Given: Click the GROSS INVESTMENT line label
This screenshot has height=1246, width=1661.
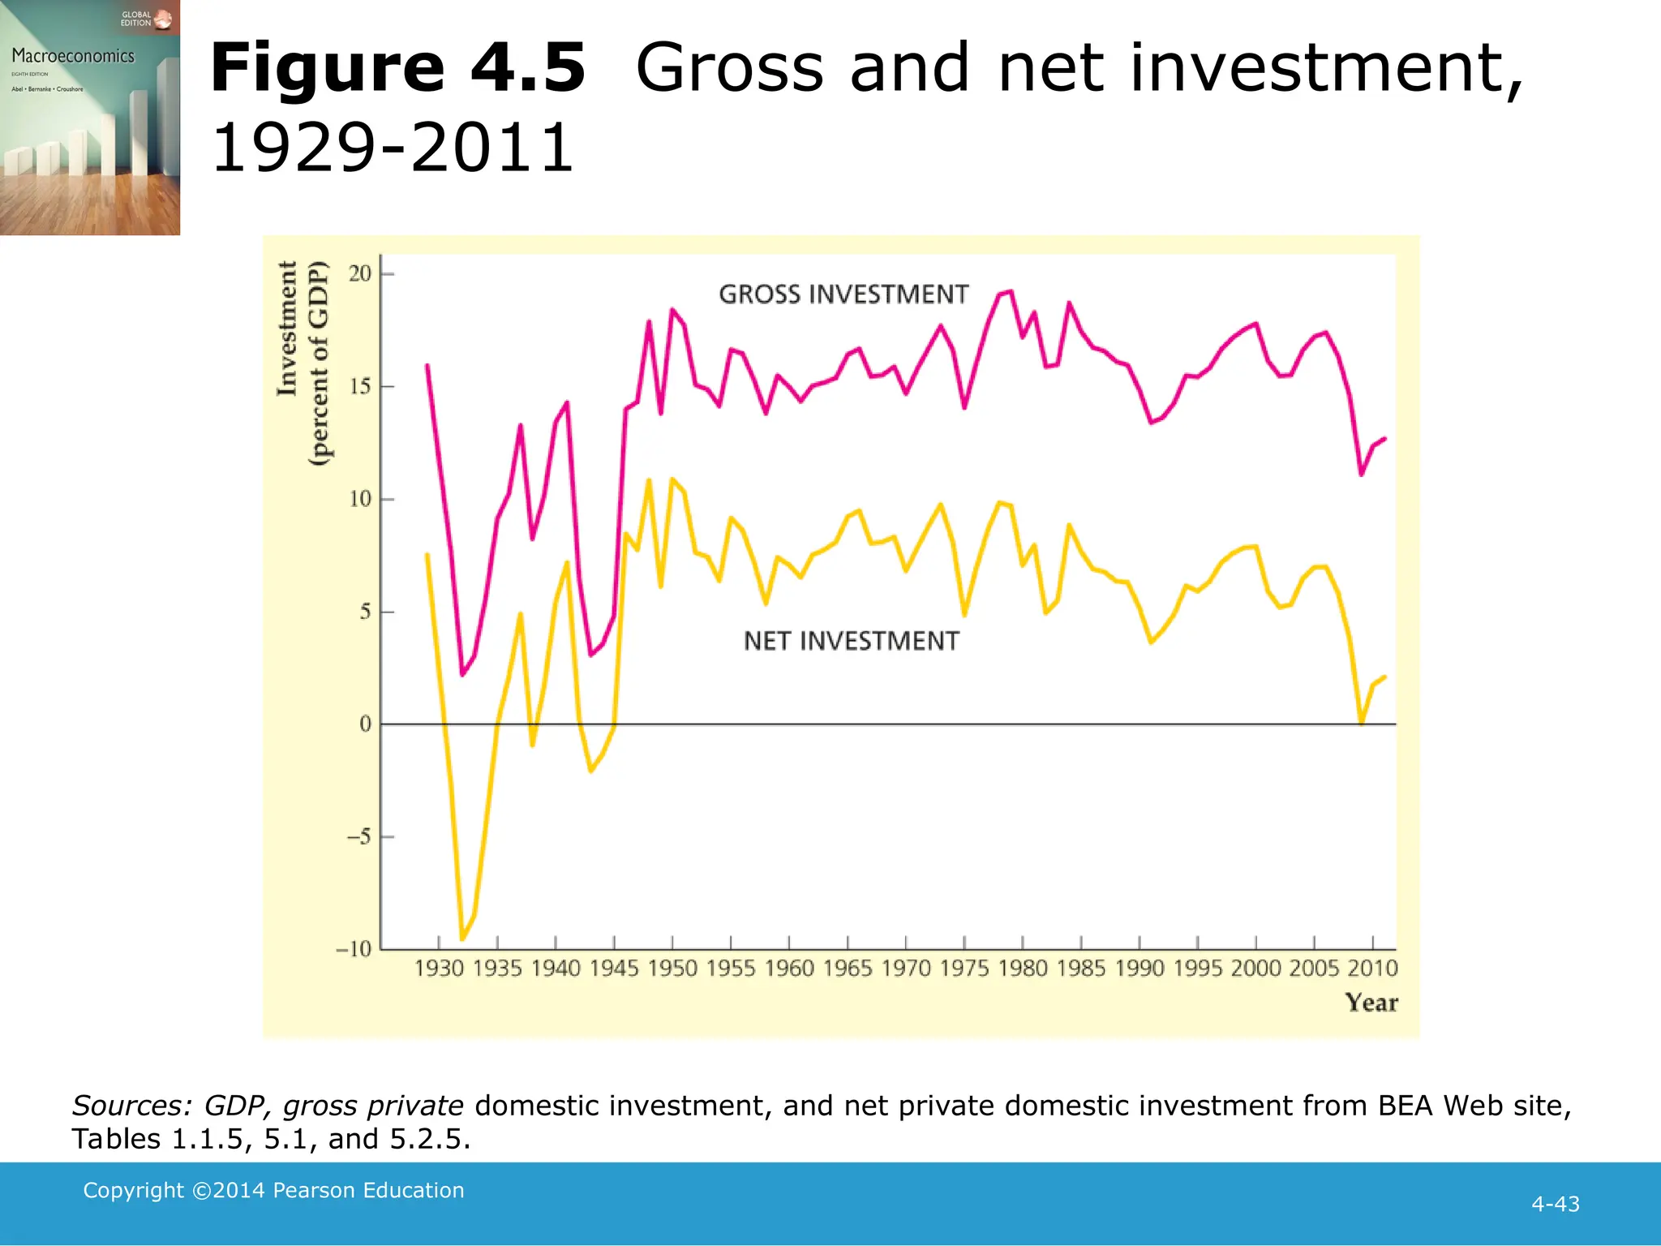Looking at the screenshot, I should pos(843,294).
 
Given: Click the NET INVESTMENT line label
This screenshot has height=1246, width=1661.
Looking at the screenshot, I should pos(851,641).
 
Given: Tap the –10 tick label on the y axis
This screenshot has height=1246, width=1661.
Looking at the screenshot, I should pos(354,949).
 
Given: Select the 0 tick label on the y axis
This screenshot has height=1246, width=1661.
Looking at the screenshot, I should pos(366,724).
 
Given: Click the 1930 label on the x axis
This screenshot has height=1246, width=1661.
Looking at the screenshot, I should pos(439,969).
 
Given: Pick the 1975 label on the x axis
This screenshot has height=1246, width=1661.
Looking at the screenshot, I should pos(964,969).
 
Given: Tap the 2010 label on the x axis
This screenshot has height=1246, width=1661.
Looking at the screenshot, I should pos(1372,969).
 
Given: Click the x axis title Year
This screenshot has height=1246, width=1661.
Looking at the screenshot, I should pos(1371,1003).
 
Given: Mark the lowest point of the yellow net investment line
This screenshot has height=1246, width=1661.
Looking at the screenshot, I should pos(462,939).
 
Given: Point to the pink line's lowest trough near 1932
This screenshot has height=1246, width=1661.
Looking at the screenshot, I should pos(462,675).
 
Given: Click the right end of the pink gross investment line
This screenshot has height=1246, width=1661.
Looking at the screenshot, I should pos(1384,439).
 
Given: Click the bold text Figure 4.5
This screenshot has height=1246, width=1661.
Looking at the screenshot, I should pos(397,68).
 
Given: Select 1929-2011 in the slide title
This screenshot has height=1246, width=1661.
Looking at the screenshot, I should pos(393,148).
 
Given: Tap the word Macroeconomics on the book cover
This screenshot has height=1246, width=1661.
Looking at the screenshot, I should pos(73,56).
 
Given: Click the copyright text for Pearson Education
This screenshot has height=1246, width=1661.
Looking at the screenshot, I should pos(273,1190).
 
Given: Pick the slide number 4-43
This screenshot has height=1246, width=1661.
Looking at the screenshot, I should pos(1555,1204).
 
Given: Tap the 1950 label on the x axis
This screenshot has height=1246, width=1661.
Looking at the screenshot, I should pos(672,969).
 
